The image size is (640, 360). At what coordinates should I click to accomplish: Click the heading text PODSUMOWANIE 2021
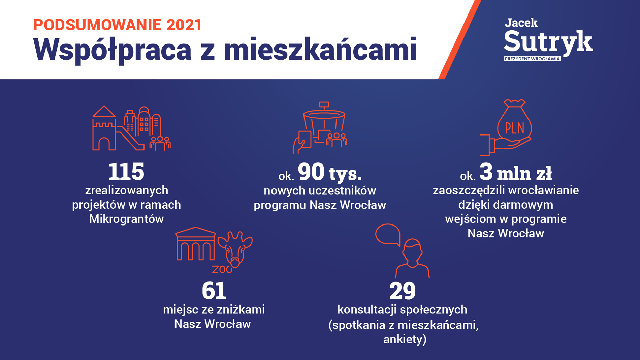pos(117,25)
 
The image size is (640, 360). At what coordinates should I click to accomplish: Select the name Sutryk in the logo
pos(548,42)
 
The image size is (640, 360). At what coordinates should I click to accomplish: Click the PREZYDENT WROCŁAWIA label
pos(532,59)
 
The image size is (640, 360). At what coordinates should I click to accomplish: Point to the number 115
pos(126,172)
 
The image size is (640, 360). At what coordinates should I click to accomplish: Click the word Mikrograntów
pos(126,219)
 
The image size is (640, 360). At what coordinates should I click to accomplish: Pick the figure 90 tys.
pos(330,172)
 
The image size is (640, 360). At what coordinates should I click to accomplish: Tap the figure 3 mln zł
pos(515,172)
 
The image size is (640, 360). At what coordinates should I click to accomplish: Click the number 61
pos(214,291)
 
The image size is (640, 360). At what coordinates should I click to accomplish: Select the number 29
pos(403,291)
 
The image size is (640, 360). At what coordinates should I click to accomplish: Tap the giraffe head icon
pos(235,249)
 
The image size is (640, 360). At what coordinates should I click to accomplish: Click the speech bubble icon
pos(388,234)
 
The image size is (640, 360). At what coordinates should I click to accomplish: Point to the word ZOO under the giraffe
pos(222,269)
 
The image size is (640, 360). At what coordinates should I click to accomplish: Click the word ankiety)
pos(405,339)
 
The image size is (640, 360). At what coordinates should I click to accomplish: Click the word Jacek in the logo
pos(521,23)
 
